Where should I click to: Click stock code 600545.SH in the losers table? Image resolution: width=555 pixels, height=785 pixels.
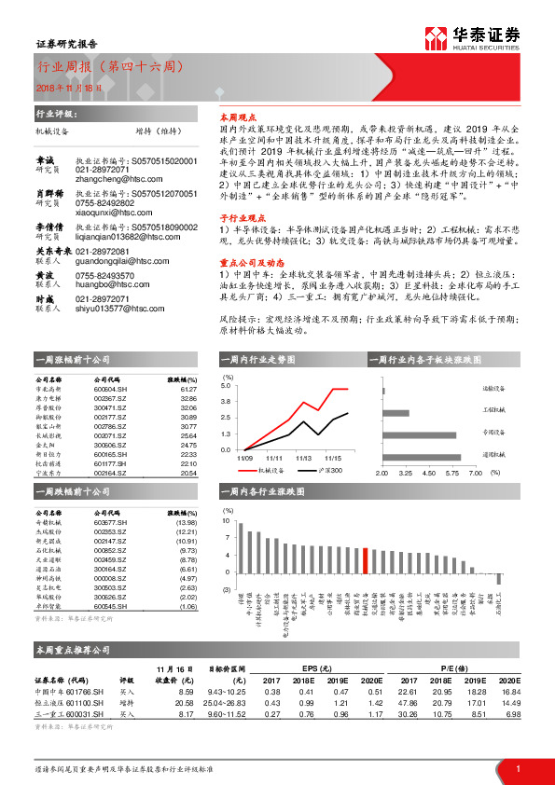[108, 606]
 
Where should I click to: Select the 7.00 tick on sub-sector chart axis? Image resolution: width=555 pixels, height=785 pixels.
[475, 473]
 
